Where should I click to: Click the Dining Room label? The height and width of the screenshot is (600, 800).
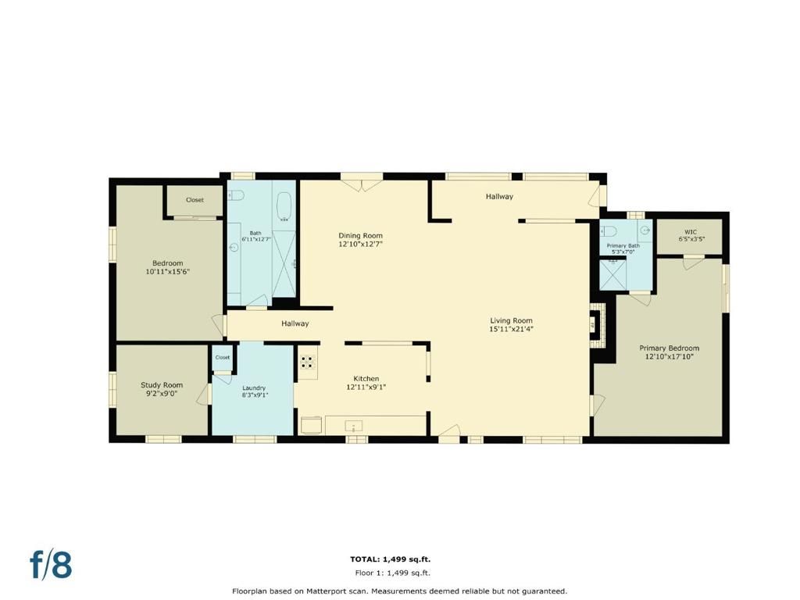point(360,235)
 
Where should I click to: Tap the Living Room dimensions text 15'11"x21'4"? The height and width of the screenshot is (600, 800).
point(511,329)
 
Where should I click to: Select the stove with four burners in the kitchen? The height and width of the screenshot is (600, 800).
point(308,362)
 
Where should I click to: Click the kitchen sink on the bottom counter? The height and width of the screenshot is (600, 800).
point(354,427)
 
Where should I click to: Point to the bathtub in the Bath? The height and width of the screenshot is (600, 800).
point(284,207)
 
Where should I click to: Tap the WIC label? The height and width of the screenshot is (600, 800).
point(690,231)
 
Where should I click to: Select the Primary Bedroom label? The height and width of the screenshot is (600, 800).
point(669,348)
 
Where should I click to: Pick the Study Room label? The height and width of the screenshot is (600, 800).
point(162,384)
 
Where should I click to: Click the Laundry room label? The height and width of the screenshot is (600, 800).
point(254,387)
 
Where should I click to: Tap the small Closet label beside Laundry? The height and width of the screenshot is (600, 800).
point(223,357)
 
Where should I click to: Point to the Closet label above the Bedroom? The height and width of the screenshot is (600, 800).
point(195,200)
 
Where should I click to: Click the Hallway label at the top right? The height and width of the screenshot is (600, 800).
point(499,196)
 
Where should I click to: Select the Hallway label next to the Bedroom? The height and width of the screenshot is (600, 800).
point(295,323)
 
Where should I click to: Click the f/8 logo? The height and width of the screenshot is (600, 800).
point(51,564)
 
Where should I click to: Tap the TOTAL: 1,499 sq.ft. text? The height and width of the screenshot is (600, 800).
point(390,559)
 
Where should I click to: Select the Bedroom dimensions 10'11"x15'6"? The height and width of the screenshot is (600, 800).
point(168,272)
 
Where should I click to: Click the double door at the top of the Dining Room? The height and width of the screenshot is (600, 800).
point(362,184)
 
